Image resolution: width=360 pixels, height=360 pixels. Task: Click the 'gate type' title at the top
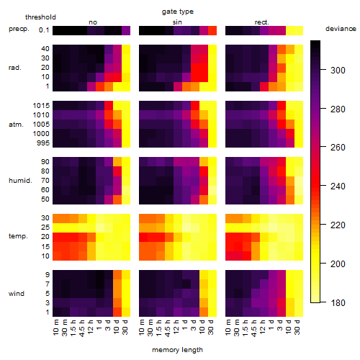tap(178, 12)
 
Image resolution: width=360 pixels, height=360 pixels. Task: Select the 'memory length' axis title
tap(177, 350)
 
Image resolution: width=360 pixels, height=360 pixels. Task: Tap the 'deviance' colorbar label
tap(341, 29)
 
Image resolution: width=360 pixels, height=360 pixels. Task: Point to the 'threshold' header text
tap(40, 17)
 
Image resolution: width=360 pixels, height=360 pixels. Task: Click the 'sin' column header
tap(177, 22)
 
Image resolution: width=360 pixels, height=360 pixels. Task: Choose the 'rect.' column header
tap(262, 22)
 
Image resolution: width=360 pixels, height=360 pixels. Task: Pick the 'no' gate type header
tap(93, 22)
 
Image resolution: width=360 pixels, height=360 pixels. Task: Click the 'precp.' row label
tap(19, 29)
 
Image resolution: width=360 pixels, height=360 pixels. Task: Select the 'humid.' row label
tap(20, 181)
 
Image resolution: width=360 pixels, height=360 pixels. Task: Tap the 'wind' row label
tap(17, 294)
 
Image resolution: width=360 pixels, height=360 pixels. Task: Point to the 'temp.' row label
tap(18, 236)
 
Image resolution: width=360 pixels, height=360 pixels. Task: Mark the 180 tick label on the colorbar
tap(338, 303)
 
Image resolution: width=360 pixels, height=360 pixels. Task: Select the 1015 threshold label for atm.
tap(41, 106)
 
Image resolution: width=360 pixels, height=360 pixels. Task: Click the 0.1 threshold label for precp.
tap(44, 30)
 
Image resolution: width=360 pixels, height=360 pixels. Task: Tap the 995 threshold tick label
tap(43, 143)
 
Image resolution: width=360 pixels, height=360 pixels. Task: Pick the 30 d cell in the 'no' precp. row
tap(126, 31)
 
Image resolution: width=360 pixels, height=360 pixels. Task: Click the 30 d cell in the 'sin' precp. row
tap(212, 31)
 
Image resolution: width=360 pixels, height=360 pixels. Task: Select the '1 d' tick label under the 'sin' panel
tap(184, 325)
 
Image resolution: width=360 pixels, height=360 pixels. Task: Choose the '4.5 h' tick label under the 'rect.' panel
tap(253, 328)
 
